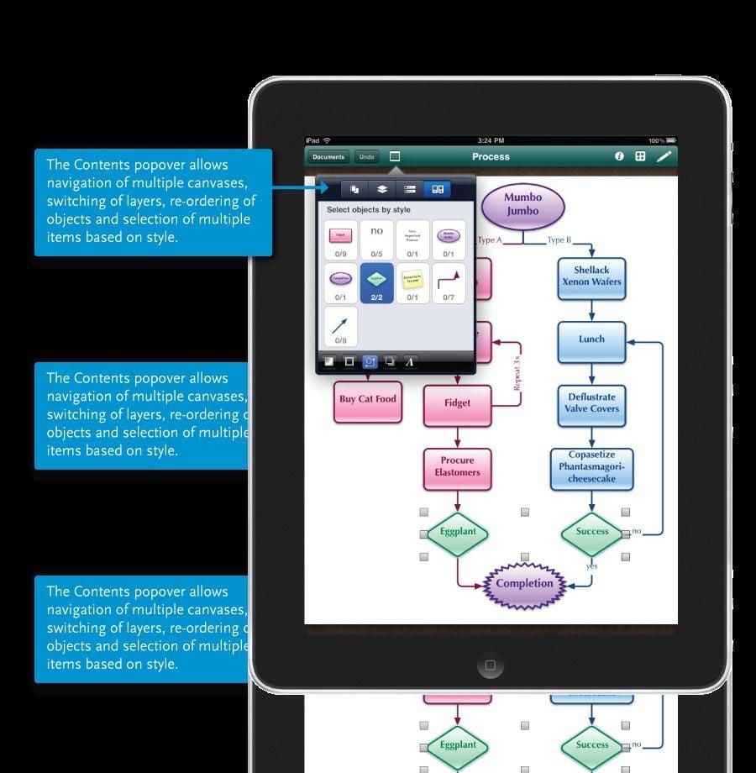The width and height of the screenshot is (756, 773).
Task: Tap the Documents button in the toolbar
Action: point(328,157)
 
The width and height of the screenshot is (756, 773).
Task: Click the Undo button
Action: point(365,157)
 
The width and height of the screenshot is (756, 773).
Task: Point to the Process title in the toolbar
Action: point(491,157)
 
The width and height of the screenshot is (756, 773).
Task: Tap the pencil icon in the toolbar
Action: point(664,156)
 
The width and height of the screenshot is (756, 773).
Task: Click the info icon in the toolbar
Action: point(620,156)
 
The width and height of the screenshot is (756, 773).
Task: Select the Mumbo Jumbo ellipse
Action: point(523,204)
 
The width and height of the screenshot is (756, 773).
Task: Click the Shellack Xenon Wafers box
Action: point(591,276)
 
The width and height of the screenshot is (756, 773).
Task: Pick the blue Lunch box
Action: point(591,340)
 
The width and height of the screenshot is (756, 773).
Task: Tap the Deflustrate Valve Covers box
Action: point(591,403)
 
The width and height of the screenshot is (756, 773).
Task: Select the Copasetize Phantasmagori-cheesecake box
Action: point(591,468)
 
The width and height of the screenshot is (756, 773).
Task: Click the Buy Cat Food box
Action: point(367,400)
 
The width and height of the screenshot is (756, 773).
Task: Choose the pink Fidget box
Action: point(457,403)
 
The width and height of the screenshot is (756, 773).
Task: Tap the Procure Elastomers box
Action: point(458,467)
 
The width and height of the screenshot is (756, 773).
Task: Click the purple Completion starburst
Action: point(524,584)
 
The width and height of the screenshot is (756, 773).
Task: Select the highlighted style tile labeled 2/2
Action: point(376,282)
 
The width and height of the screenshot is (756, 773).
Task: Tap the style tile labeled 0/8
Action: point(340,326)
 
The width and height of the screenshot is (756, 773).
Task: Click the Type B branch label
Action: point(559,240)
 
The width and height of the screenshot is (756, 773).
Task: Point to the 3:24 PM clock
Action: point(491,140)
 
